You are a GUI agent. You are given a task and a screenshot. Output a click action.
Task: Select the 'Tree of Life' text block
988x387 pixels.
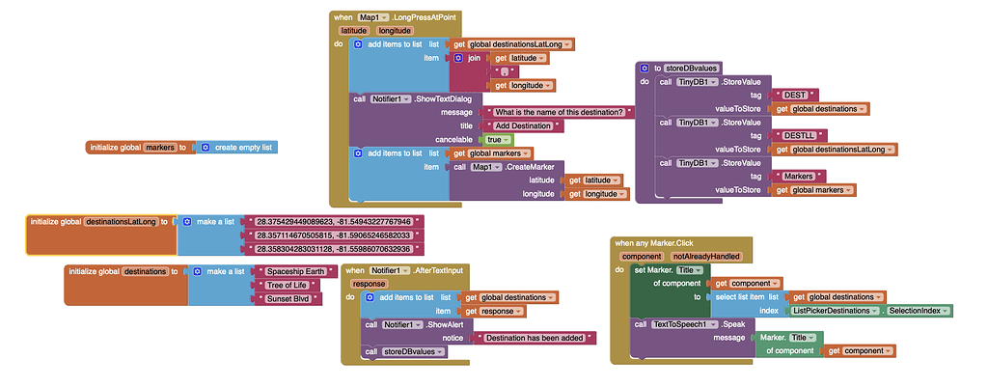[x=289, y=285]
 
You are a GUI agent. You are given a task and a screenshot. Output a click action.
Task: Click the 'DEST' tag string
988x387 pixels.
[x=797, y=95]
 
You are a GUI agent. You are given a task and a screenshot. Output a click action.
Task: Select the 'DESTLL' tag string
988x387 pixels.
[x=801, y=135]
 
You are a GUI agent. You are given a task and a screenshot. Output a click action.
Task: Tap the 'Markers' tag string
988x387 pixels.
[x=804, y=176]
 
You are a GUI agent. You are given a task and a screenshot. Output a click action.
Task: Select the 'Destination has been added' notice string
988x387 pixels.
[x=535, y=338]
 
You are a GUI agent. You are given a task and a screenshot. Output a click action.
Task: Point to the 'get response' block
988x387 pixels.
[x=495, y=311]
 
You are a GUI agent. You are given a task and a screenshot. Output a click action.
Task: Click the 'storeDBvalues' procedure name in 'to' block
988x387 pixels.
[x=691, y=68]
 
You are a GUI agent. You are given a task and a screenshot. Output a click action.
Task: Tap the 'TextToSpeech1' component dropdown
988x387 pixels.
[x=686, y=324]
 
